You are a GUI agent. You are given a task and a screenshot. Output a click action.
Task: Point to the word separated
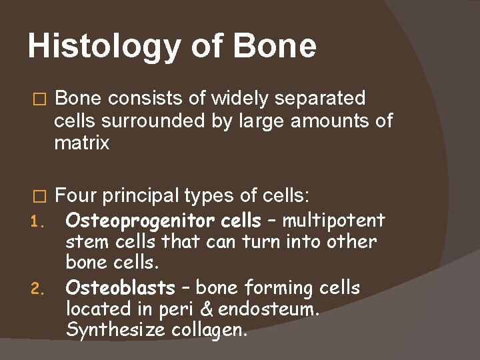coord(323,99)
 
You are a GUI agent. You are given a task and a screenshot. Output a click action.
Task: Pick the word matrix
coord(81,143)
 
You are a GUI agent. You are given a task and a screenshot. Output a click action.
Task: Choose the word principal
coord(137,196)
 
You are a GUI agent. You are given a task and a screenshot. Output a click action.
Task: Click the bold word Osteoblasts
coord(120,288)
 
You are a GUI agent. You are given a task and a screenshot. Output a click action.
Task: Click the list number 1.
coord(39,221)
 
